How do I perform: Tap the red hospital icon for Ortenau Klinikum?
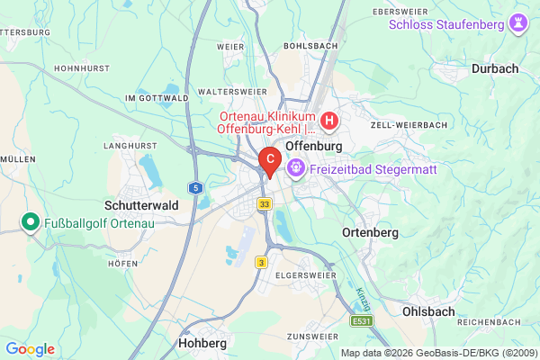(330, 119)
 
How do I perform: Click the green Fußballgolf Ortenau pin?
(30, 221)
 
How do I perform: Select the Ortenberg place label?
(370, 232)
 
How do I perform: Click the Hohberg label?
(202, 343)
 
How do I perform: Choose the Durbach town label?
(494, 67)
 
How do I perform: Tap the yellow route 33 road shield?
(264, 205)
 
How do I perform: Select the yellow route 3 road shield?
(261, 262)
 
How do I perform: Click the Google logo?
(30, 349)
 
